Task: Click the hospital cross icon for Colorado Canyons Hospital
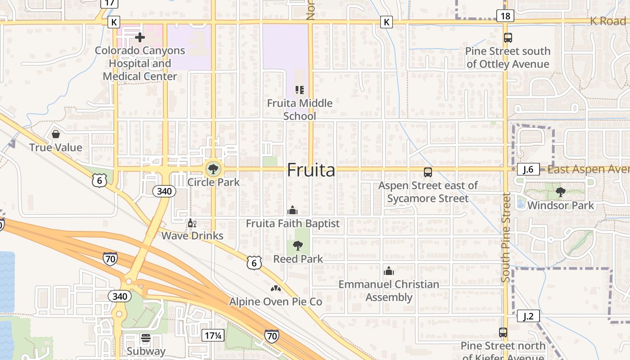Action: coord(140,37)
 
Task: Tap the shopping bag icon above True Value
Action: coord(56,134)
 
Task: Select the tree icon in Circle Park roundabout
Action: coord(213,169)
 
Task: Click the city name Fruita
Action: coord(311,171)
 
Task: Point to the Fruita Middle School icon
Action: coord(299,90)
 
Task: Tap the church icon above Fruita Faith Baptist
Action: coord(292,210)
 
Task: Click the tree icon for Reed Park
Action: coord(297,245)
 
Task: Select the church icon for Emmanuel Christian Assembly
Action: coord(389,271)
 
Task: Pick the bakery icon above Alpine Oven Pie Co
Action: coord(276,288)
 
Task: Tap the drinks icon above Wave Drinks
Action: coord(192,223)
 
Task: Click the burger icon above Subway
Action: coord(145,337)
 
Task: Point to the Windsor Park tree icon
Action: coord(560,192)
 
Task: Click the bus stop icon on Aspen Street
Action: coord(427,172)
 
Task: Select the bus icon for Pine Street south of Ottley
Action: coord(508,38)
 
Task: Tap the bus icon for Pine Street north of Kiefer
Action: coord(503,333)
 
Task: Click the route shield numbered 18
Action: coord(506,16)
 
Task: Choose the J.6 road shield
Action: coord(528,169)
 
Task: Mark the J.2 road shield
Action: coord(528,316)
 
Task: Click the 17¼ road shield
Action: coord(213,335)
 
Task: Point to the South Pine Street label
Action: coord(506,238)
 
